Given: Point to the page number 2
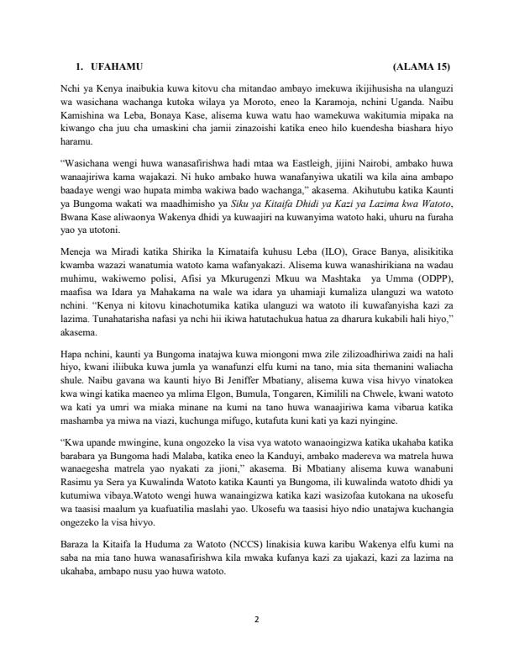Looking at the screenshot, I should (257, 621).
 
